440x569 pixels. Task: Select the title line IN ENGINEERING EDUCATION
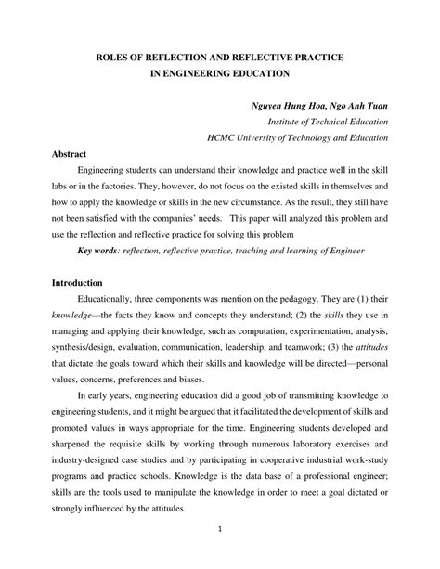tap(219, 74)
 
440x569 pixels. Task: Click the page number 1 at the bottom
tap(219, 557)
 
